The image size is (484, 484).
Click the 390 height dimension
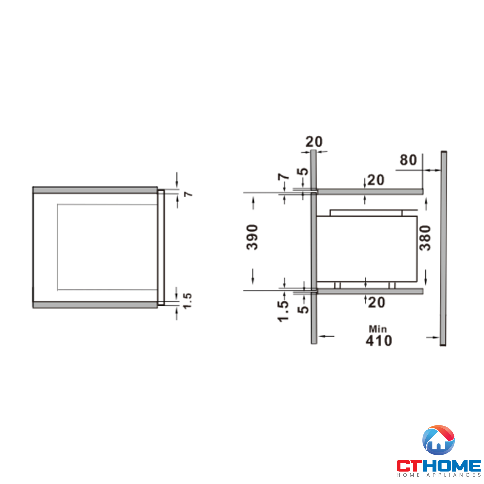pyautogui.click(x=252, y=237)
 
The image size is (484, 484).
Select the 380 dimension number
pyautogui.click(x=425, y=238)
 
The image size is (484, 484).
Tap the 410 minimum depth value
pyautogui.click(x=379, y=341)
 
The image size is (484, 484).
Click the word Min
pyautogui.click(x=378, y=329)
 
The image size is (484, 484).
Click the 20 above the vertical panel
pyautogui.click(x=314, y=142)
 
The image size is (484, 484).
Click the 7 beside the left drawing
pyautogui.click(x=188, y=194)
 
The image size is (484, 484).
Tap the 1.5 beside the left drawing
pyautogui.click(x=188, y=301)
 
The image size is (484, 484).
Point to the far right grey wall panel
pyautogui.click(x=444, y=248)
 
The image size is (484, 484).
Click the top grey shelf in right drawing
pyautogui.click(x=370, y=192)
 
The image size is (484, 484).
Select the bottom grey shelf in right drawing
pyautogui.click(x=370, y=291)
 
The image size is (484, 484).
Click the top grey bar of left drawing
pyautogui.click(x=95, y=190)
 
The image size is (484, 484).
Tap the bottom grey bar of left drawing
pyautogui.click(x=95, y=305)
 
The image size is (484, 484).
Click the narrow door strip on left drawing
pyautogui.click(x=161, y=248)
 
